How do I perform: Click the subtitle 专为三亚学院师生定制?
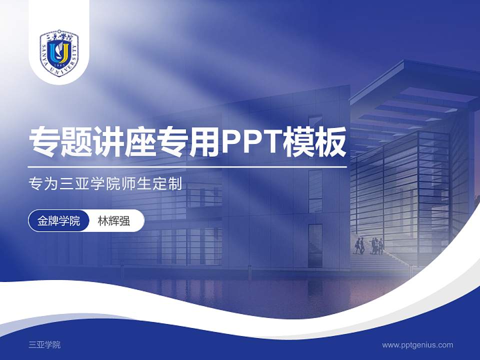pos(105,183)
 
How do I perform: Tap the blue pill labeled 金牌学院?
pos(58,220)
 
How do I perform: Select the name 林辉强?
pos(113,220)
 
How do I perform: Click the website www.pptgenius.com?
pos(417,344)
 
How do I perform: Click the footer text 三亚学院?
pos(45,344)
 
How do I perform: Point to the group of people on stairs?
pos(370,245)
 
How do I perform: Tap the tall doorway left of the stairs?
pos(315,245)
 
